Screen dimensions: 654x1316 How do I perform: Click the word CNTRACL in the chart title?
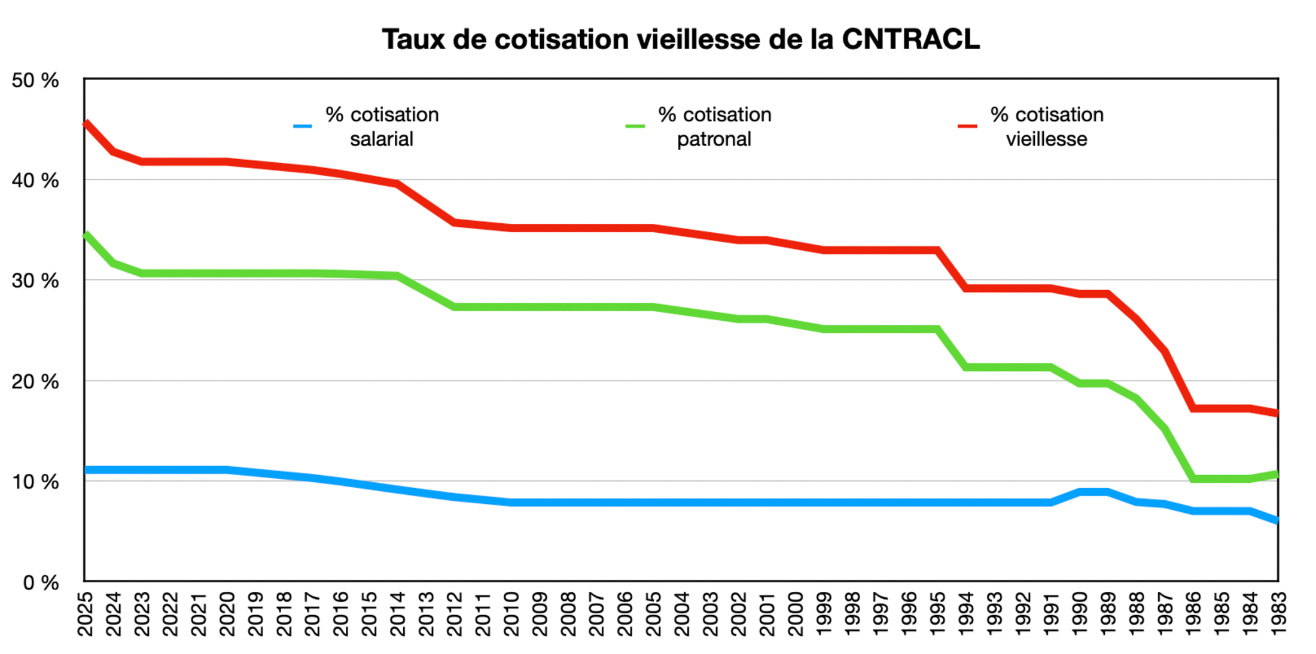pyautogui.click(x=910, y=39)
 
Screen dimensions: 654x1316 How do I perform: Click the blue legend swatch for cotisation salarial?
pyautogui.click(x=303, y=126)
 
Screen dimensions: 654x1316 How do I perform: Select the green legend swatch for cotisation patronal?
pyautogui.click(x=635, y=126)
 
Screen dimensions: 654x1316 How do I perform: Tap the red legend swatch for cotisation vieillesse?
pyautogui.click(x=967, y=126)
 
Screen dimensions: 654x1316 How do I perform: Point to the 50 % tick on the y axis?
pyautogui.click(x=35, y=80)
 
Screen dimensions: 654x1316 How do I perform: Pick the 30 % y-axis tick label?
pyautogui.click(x=35, y=281)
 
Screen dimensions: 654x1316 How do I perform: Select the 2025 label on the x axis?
pyautogui.click(x=86, y=614)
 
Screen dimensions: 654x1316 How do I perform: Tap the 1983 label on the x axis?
pyautogui.click(x=1278, y=614)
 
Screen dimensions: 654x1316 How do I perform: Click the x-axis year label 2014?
pyautogui.click(x=398, y=614)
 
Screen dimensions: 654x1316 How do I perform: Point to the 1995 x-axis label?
pyautogui.click(x=937, y=614)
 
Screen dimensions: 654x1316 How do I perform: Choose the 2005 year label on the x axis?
pyautogui.click(x=654, y=614)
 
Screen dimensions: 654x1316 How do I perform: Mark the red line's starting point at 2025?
pyautogui.click(x=86, y=124)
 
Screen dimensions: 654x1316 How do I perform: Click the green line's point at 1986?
pyautogui.click(x=1193, y=479)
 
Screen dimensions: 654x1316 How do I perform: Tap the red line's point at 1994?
pyautogui.click(x=965, y=288)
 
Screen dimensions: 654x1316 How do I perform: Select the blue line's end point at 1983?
pyautogui.click(x=1277, y=520)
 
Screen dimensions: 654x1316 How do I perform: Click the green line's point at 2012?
pyautogui.click(x=455, y=307)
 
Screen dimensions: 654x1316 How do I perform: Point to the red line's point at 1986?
pyautogui.click(x=1193, y=408)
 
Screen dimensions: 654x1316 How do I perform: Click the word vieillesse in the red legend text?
pyautogui.click(x=1046, y=139)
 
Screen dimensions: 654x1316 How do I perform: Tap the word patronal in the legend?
pyautogui.click(x=714, y=139)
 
